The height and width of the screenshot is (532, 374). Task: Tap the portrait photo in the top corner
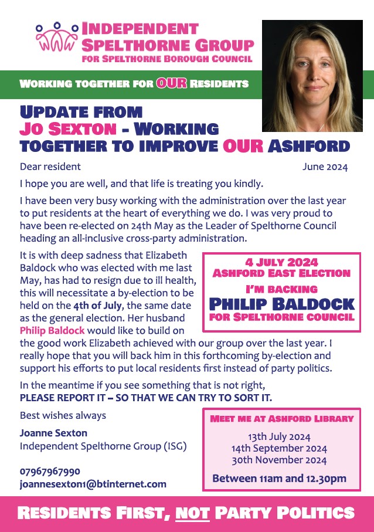pyautogui.click(x=312, y=76)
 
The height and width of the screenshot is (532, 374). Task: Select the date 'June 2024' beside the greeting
pyautogui.click(x=325, y=167)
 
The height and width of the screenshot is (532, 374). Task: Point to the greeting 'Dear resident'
pyautogui.click(x=50, y=167)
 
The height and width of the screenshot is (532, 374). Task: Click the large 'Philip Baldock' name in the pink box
pyautogui.click(x=281, y=304)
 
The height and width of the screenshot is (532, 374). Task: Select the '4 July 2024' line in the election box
pyautogui.click(x=281, y=262)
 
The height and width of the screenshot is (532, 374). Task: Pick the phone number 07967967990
pyautogui.click(x=50, y=471)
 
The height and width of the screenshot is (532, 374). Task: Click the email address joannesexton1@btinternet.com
pyautogui.click(x=93, y=484)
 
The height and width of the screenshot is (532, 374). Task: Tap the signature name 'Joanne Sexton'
pyautogui.click(x=53, y=433)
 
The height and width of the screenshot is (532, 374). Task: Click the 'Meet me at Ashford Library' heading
pyautogui.click(x=282, y=419)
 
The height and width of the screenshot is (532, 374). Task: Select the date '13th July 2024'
pyautogui.click(x=279, y=437)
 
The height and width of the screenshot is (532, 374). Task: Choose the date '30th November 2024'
pyautogui.click(x=279, y=460)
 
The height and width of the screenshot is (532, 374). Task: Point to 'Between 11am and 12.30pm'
pyautogui.click(x=279, y=479)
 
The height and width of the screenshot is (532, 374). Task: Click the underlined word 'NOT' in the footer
pyautogui.click(x=192, y=513)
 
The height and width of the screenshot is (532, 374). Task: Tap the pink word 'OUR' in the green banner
pyautogui.click(x=171, y=84)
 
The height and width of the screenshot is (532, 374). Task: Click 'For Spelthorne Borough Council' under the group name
pyautogui.click(x=168, y=59)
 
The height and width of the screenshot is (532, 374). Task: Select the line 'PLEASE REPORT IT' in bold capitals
pyautogui.click(x=145, y=398)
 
